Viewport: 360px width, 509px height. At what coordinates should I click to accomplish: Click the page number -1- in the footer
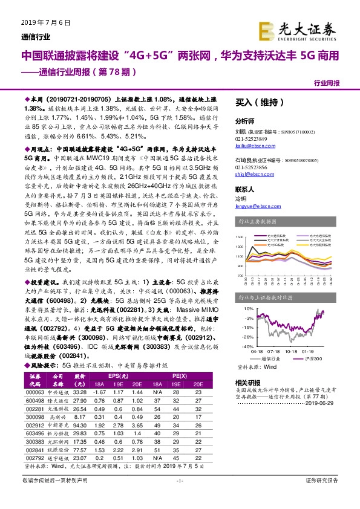pos(180,498)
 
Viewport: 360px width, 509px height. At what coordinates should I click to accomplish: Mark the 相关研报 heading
pos(247,383)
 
